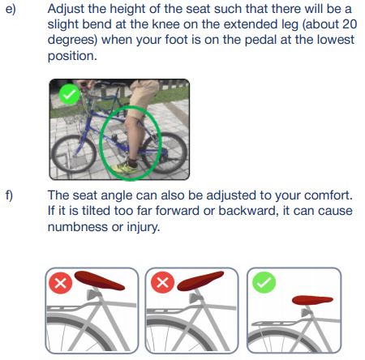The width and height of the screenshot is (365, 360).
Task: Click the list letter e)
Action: pyautogui.click(x=11, y=9)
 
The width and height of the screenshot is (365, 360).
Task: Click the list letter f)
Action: pyautogui.click(x=9, y=195)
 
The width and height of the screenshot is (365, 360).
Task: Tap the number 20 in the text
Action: pyautogui.click(x=350, y=24)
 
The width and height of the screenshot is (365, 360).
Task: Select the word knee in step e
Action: pyautogui.click(x=165, y=24)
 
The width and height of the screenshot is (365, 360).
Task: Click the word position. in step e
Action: pyautogui.click(x=72, y=56)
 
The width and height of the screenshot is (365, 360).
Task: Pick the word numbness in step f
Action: pyautogui.click(x=78, y=226)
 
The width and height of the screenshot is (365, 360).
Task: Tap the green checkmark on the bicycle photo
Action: pyautogui.click(x=70, y=94)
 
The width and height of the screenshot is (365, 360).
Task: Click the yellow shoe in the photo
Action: pyautogui.click(x=125, y=167)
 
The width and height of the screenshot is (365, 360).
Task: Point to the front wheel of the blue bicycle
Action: pyautogui.click(x=74, y=154)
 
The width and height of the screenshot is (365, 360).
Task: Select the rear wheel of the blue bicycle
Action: pyautogui.click(x=165, y=152)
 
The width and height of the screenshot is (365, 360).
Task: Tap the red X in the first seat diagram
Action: pyautogui.click(x=61, y=283)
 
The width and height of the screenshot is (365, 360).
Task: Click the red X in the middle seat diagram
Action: pyautogui.click(x=162, y=282)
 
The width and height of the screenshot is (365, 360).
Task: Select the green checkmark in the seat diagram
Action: pyautogui.click(x=264, y=282)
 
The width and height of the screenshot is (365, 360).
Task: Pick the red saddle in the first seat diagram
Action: pyautogui.click(x=99, y=281)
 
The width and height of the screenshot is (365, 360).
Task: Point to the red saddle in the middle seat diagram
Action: pyautogui.click(x=200, y=281)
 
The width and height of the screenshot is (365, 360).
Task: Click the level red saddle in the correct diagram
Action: pyautogui.click(x=312, y=300)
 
